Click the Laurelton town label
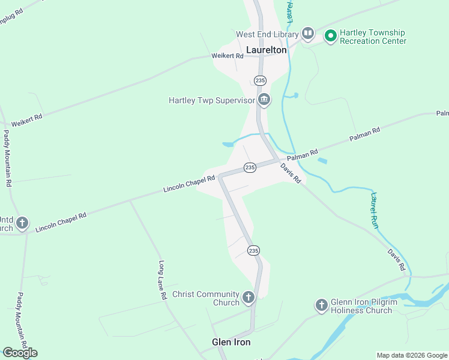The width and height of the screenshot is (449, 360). (x=266, y=50)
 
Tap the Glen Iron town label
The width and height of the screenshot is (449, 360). (x=231, y=342)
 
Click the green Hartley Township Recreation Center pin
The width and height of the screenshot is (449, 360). (x=330, y=37)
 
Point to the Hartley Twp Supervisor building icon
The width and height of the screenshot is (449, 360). (x=263, y=100)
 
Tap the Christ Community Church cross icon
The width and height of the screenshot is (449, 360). (x=248, y=297)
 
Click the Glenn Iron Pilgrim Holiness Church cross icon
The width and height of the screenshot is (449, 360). (x=322, y=305)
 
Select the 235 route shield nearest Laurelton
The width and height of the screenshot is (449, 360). (x=259, y=80)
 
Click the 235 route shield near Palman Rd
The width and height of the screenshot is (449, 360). (x=250, y=167)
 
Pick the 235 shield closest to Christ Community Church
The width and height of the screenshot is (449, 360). (x=253, y=250)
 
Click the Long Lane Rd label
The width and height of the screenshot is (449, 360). (x=162, y=280)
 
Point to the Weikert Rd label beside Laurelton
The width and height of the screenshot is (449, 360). (x=227, y=56)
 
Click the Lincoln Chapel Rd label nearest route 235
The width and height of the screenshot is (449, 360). (x=189, y=184)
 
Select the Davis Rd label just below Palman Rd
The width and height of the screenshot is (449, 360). (x=290, y=174)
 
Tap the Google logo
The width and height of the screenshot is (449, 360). (x=20, y=352)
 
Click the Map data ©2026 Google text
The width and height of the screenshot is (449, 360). (x=411, y=355)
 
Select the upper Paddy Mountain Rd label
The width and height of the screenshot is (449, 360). (x=8, y=158)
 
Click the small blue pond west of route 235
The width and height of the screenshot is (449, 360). (x=228, y=144)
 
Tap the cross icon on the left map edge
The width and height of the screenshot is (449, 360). (x=22, y=224)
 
